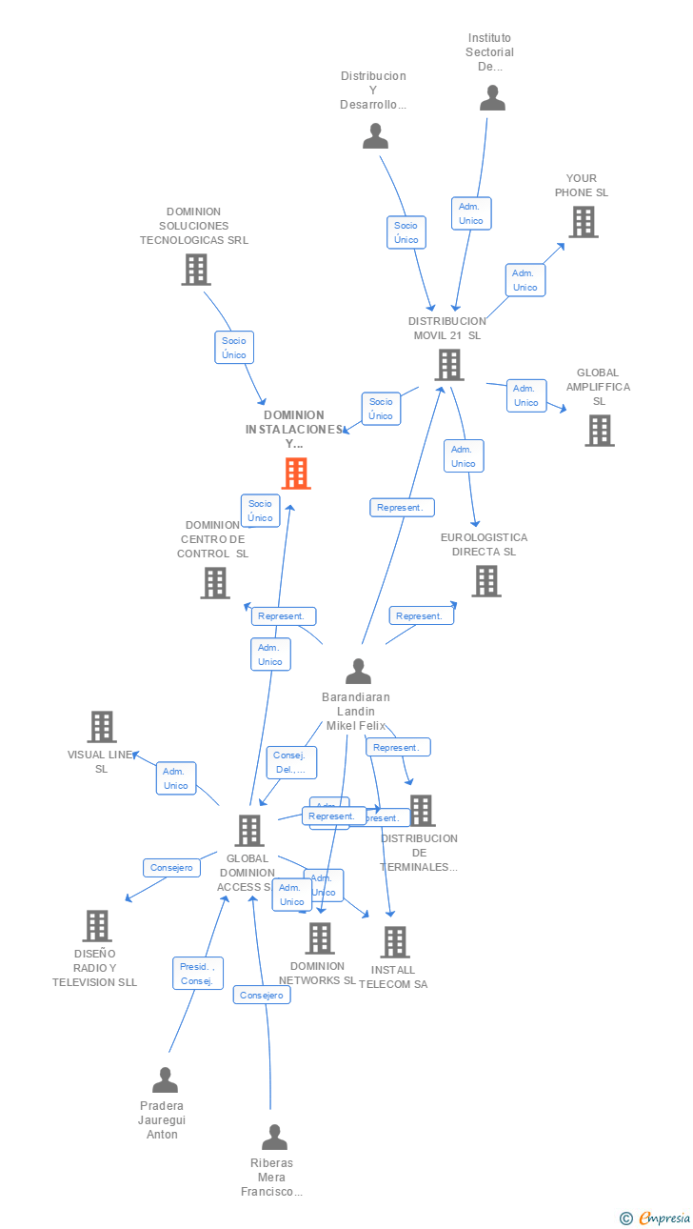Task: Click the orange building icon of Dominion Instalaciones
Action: [296, 473]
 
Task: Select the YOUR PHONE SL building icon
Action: [583, 221]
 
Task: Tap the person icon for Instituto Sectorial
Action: [492, 98]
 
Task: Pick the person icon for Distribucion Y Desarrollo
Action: [376, 136]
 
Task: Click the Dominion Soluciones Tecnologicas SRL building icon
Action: [195, 270]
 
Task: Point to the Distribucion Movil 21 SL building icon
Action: [448, 364]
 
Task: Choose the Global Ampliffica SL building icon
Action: [599, 430]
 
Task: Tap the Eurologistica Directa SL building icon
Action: [485, 580]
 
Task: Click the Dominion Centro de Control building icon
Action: [215, 582]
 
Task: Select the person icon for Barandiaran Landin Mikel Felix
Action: [358, 671]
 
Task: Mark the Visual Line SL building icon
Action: [102, 726]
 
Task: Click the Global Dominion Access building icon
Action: [249, 830]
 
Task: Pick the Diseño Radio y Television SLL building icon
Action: [97, 925]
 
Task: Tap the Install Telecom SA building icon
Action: [394, 941]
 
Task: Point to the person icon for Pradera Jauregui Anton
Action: [165, 1079]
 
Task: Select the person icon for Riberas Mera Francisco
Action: [274, 1137]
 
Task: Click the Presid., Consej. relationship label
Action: [198, 974]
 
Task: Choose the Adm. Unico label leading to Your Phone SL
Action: [525, 280]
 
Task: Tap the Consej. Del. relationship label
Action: [290, 762]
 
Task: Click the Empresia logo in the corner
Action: [656, 1218]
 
